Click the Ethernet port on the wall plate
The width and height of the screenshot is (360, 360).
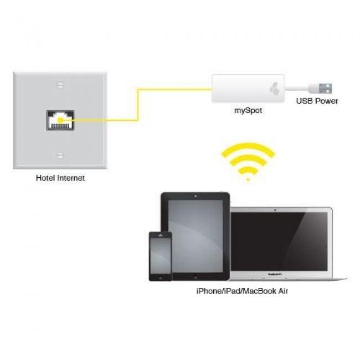[60, 120]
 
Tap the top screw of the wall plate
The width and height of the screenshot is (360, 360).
[60, 85]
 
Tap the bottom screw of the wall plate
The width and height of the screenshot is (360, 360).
[60, 155]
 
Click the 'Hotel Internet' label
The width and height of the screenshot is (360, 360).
[60, 178]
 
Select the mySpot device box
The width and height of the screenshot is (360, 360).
[248, 89]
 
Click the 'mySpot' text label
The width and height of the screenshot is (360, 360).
[248, 111]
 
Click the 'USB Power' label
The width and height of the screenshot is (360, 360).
[317, 101]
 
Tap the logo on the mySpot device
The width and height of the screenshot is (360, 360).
[275, 89]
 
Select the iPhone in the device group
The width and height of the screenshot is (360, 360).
[160, 256]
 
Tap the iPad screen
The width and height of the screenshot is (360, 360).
[196, 236]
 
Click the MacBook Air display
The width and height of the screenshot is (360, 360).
[279, 241]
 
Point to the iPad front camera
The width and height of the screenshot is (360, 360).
[196, 196]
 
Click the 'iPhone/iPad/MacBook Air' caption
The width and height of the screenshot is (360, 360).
[242, 291]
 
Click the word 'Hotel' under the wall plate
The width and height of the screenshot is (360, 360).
[45, 178]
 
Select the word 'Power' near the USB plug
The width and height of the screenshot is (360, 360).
[326, 101]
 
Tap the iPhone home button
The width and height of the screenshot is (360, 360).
[160, 277]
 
